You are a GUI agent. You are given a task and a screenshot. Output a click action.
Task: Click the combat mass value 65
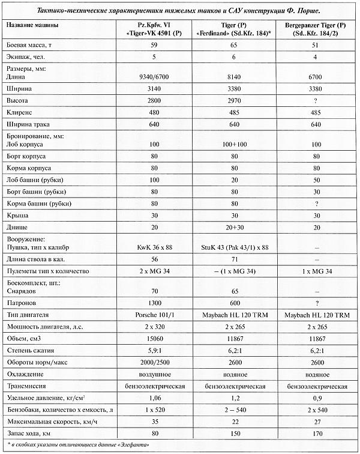point(236,46)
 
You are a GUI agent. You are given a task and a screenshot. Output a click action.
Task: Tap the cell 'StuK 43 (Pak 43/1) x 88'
point(236,247)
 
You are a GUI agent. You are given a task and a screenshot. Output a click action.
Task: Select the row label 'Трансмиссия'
point(29,386)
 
